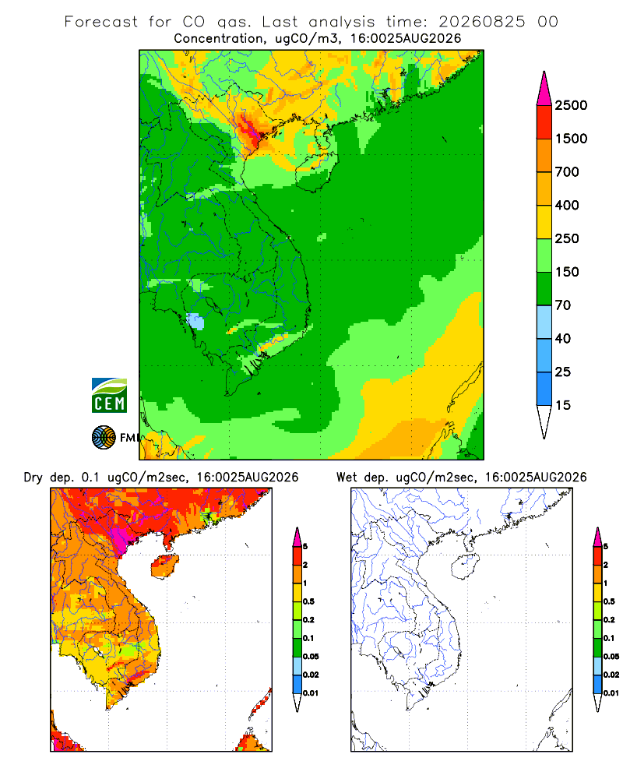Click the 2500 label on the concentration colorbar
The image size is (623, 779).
pos(571,105)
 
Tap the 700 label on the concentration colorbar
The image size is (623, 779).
pos(567,172)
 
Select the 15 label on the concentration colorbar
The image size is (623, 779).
pos(563,405)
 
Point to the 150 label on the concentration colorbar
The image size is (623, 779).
pos(567,272)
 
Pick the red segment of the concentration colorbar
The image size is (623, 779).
pos(544,122)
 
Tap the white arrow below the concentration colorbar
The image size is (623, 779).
pos(544,421)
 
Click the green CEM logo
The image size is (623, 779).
pos(109,396)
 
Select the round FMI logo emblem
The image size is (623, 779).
pos(104,438)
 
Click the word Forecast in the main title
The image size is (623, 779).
pos(101,22)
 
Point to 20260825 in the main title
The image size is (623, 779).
pos(481,22)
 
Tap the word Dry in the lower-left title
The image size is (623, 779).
pos(33,478)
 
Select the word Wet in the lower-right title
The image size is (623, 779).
pos(347,478)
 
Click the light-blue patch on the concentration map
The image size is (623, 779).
pos(195,322)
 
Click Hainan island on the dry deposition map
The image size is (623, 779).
pos(165,567)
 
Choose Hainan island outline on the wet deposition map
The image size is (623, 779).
pos(466,567)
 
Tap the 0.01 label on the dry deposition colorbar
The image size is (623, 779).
pos(311,693)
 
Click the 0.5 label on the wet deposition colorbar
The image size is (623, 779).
pos(609,601)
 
